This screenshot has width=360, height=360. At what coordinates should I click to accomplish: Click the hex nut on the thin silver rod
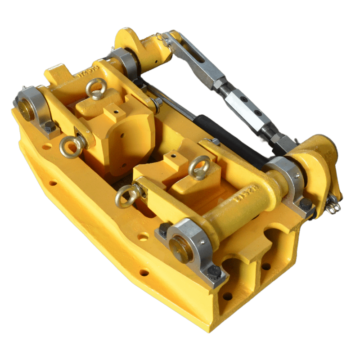click(157, 104)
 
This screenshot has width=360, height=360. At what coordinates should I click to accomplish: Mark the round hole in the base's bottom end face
click(228, 297)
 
